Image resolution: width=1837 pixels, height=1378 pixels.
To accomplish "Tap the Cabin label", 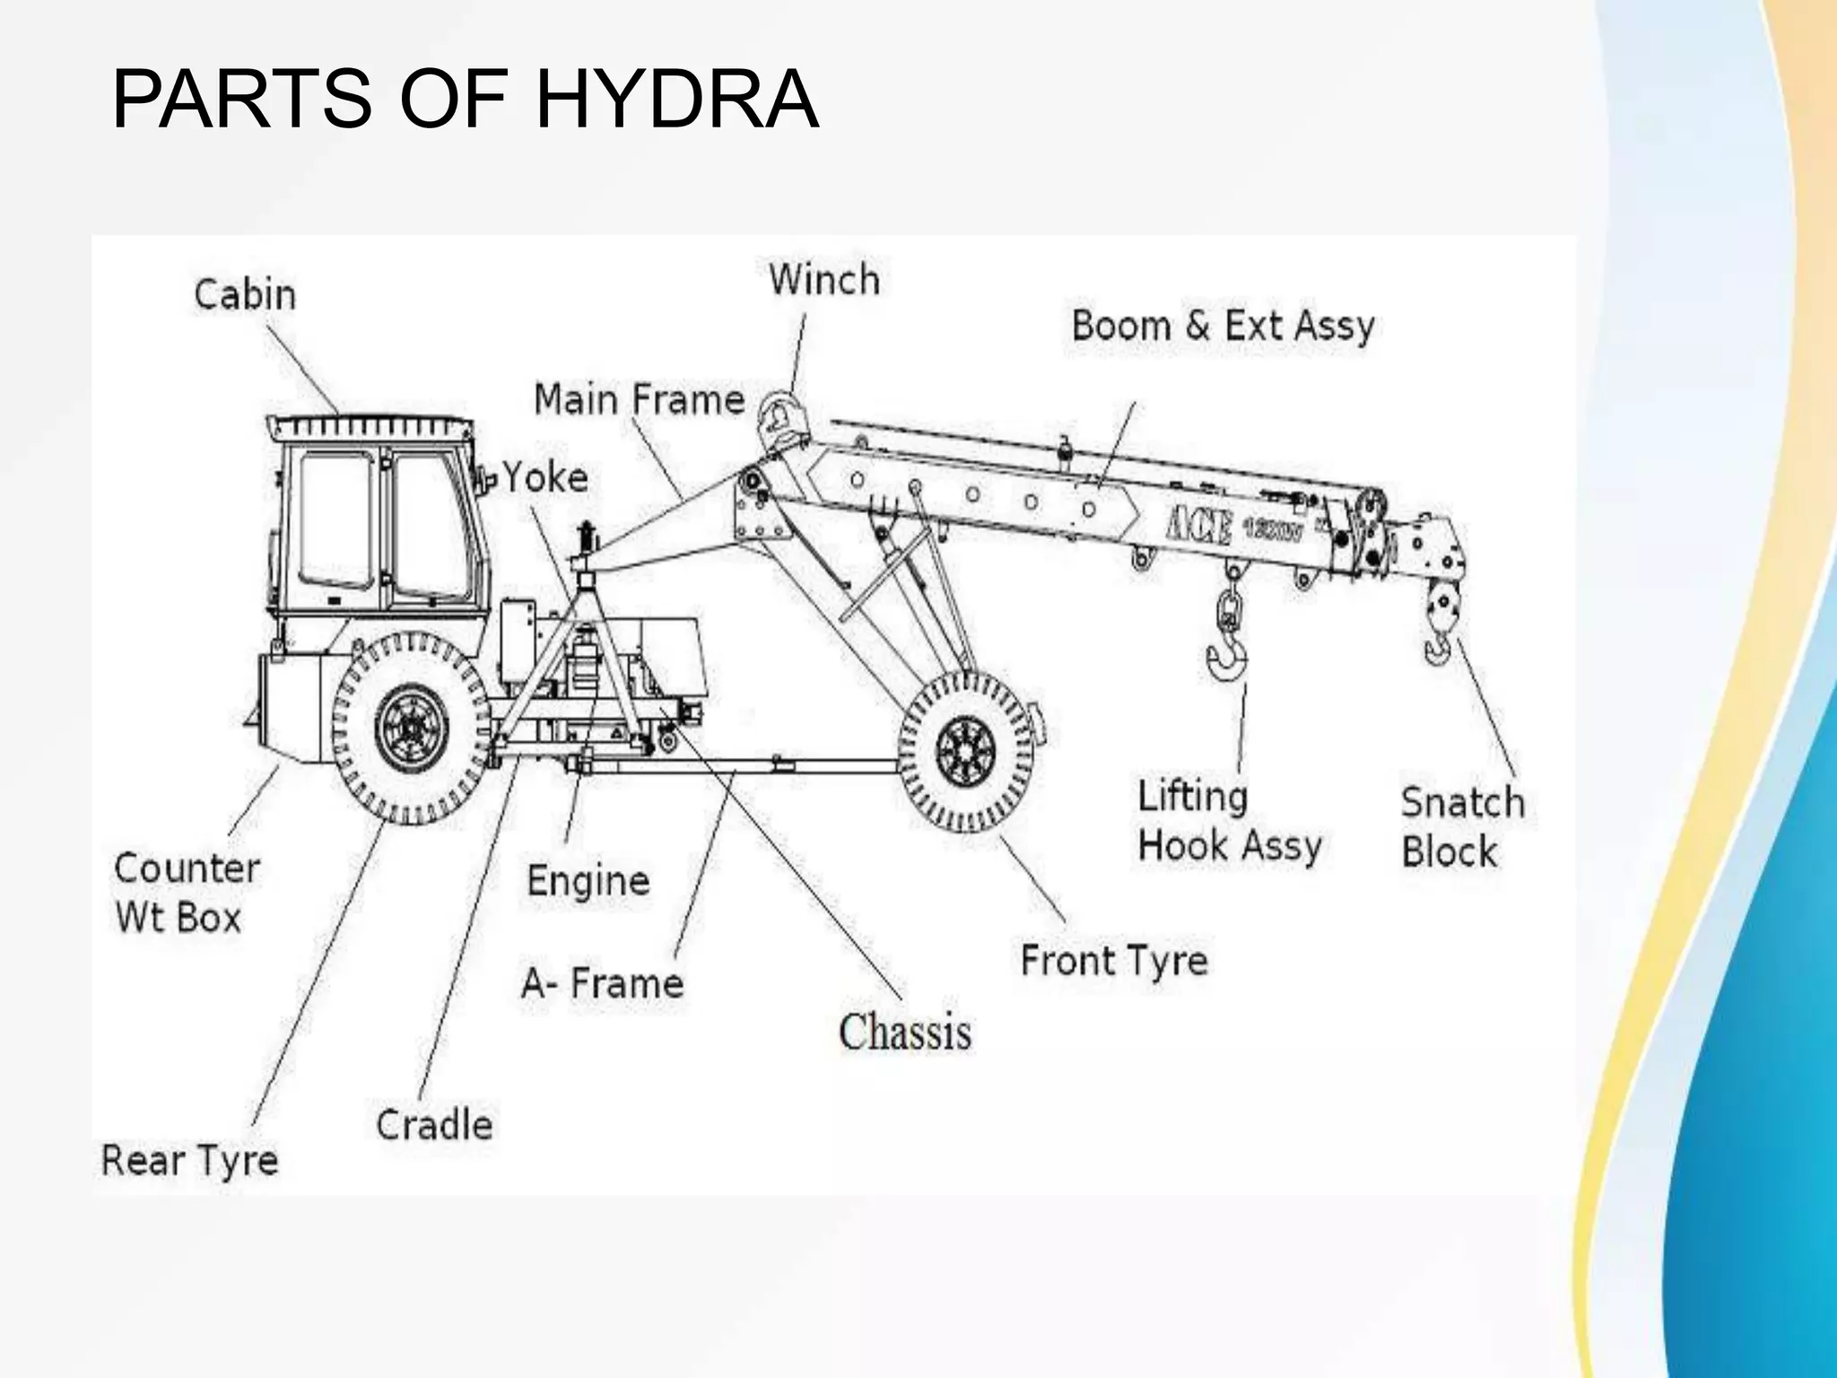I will (245, 294).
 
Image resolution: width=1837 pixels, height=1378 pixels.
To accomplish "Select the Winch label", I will (824, 280).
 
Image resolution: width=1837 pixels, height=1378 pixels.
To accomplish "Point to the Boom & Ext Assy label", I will (1223, 326).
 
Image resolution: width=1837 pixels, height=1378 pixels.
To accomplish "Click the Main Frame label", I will (639, 399).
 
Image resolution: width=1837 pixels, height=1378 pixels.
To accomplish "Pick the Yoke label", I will (544, 477).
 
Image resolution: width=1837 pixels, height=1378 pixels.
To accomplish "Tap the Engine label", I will (588, 880).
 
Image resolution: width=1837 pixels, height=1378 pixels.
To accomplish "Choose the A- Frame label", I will (603, 983).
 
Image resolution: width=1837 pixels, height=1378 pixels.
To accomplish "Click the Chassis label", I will (904, 1032).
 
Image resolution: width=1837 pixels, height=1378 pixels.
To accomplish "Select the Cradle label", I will (434, 1125).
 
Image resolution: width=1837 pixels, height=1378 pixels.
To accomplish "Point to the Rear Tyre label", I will (189, 1160).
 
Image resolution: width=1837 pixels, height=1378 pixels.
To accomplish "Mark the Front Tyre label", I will (1114, 961).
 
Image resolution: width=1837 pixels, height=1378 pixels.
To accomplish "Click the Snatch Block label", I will (1462, 826).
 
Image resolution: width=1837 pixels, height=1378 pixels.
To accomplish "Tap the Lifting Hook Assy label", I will (1229, 821).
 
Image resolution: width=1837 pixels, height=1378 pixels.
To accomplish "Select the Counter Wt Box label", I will (187, 893).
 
